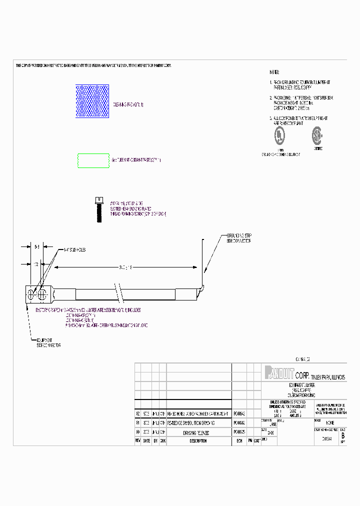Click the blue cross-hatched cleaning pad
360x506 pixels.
click(92, 101)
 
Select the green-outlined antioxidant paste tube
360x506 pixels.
click(93, 160)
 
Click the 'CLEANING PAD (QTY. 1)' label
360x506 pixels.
click(128, 104)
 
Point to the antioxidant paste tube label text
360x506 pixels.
click(136, 160)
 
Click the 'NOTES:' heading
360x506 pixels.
click(274, 72)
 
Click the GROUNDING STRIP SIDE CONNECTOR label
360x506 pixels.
click(239, 238)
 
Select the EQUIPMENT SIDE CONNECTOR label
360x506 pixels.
click(48, 342)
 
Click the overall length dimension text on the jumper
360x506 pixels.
click(122, 267)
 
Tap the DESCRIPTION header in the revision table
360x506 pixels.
click(198, 441)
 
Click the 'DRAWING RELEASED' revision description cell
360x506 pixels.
click(195, 432)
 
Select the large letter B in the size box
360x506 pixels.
click(342, 435)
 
